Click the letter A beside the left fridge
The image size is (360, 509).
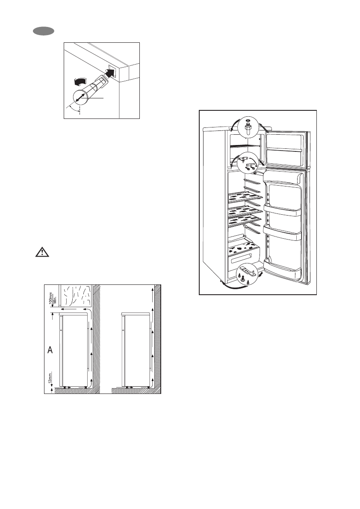(50, 350)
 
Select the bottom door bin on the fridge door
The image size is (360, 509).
(285, 267)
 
